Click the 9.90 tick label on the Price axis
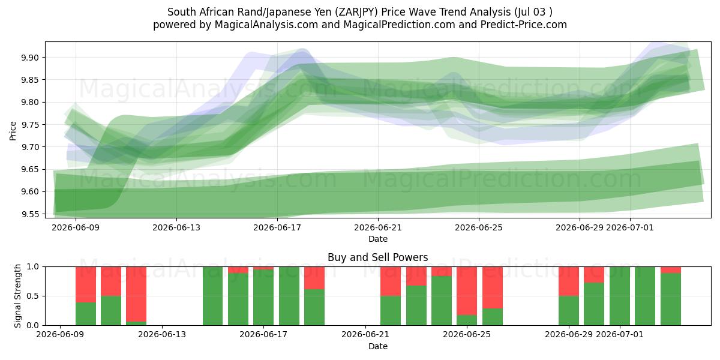(30, 58)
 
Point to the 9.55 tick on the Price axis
(30, 214)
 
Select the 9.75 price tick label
(30, 125)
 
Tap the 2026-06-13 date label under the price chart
(176, 227)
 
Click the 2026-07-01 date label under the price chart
(629, 227)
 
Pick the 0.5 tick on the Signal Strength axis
(34, 296)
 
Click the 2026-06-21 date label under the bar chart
(365, 334)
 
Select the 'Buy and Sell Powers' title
(377, 257)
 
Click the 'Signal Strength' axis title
(17, 296)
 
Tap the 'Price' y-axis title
(13, 131)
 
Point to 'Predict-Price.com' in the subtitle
(524, 25)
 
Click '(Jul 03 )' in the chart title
(533, 12)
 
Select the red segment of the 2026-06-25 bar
(467, 291)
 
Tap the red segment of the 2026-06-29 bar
(569, 281)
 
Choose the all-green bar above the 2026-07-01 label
(619, 296)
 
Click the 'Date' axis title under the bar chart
(377, 346)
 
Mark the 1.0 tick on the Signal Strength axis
(34, 266)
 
